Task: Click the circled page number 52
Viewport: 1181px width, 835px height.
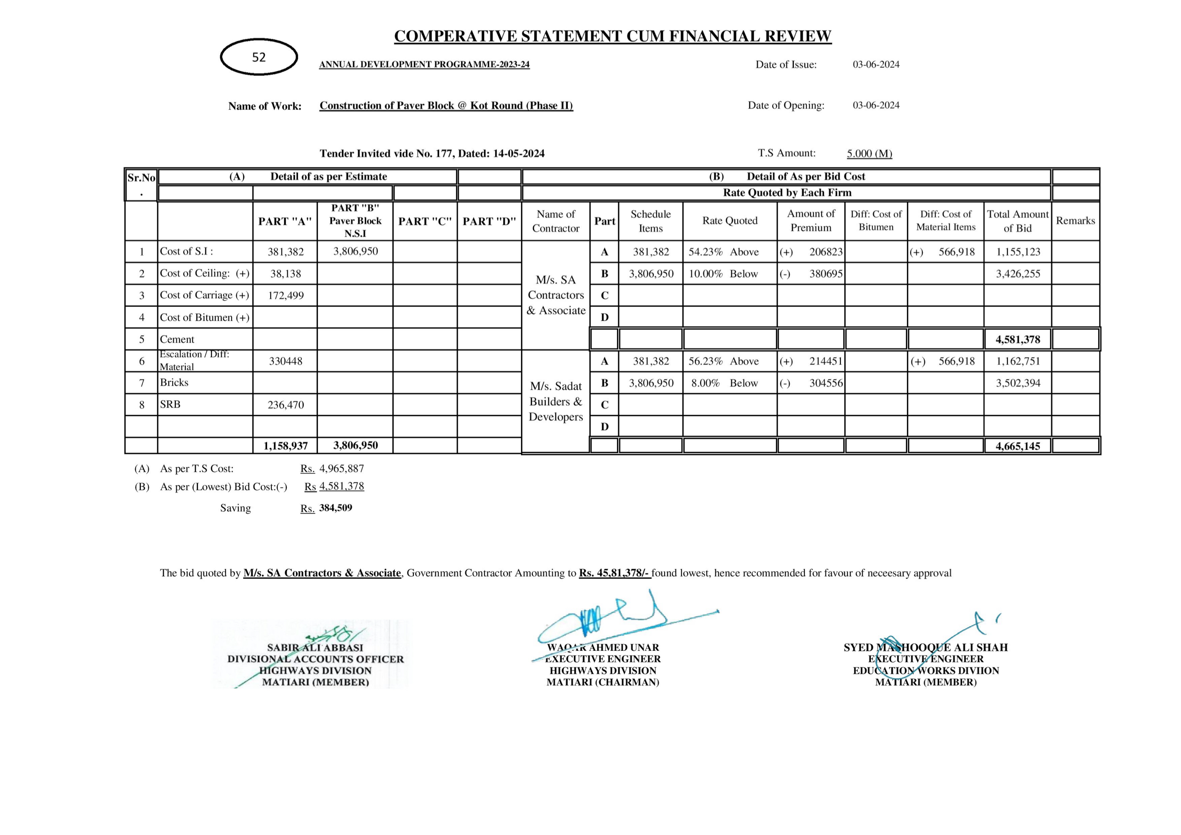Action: coord(259,57)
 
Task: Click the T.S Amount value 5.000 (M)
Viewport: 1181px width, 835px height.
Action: coord(869,153)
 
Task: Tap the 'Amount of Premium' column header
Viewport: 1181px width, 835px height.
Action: coord(811,221)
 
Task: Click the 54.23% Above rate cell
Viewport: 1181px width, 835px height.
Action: coord(723,252)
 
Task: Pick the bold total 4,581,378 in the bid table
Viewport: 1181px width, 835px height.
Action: coord(1017,339)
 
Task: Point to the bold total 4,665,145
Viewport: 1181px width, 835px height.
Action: coord(1017,446)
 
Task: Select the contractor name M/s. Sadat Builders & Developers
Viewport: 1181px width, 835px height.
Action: coord(556,401)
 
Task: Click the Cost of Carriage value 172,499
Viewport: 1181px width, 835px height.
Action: coord(285,295)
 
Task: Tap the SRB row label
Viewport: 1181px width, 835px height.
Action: coord(170,405)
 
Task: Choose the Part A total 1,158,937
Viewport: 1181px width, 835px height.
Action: coord(285,446)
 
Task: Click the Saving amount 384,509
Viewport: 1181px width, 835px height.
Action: coord(335,508)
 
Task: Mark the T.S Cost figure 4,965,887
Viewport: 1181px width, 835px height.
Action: coord(341,469)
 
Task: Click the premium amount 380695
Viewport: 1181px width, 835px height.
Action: coord(826,274)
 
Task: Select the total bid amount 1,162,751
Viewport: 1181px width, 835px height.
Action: coord(1017,361)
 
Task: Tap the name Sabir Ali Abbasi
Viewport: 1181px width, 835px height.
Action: coord(315,648)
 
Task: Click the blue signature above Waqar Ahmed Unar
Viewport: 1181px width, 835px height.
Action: coord(607,619)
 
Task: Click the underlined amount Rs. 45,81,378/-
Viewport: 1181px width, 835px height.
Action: coord(614,573)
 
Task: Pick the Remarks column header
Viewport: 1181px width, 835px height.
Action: coord(1075,221)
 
